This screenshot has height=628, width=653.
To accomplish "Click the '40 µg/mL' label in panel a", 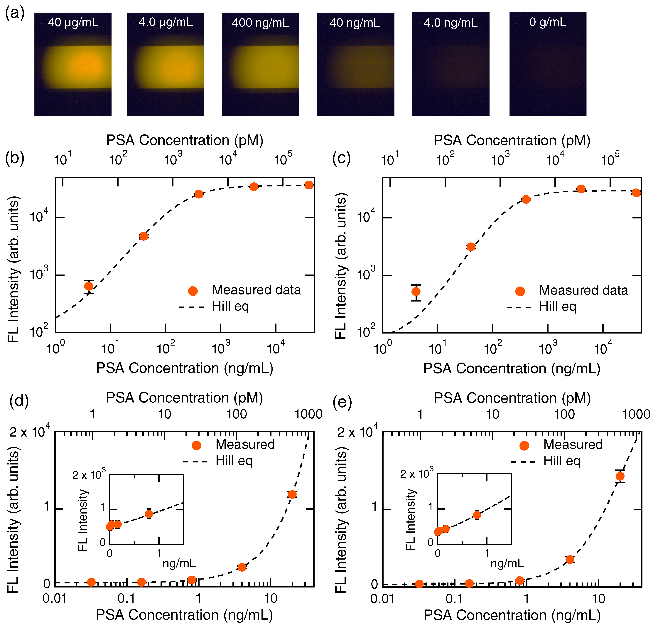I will click(73, 22).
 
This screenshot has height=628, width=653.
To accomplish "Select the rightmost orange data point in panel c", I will click(636, 193).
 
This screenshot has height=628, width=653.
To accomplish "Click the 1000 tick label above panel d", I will click(308, 414).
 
